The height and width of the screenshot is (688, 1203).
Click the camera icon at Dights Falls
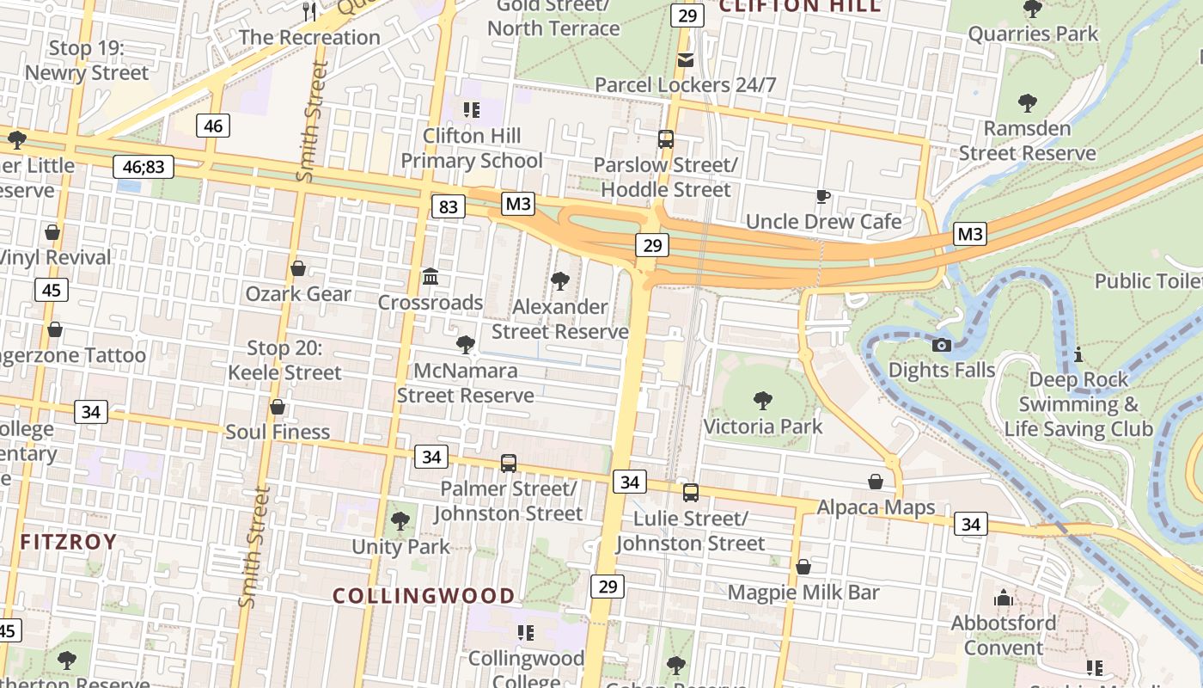(x=942, y=345)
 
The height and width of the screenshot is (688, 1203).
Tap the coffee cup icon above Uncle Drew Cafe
(x=822, y=196)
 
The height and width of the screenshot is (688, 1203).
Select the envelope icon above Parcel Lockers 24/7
(x=686, y=59)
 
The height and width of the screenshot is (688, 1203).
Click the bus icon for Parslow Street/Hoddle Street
(x=665, y=138)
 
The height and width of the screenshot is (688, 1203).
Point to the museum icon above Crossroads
(x=431, y=277)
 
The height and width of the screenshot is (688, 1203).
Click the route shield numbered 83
(x=448, y=206)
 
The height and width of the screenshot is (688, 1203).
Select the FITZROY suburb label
(x=68, y=542)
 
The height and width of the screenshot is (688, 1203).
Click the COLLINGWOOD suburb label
(x=424, y=595)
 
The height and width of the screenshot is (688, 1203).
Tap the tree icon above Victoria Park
(x=762, y=400)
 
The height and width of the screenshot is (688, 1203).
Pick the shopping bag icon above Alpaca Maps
(x=876, y=481)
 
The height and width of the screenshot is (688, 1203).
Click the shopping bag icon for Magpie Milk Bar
(x=803, y=567)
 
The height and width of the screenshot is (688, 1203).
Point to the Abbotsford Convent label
(x=1003, y=635)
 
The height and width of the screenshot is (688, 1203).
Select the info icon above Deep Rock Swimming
(x=1078, y=353)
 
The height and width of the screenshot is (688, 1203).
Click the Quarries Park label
(x=1033, y=34)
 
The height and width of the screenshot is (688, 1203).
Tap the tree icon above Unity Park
(x=400, y=520)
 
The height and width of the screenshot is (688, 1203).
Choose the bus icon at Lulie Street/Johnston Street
(x=690, y=493)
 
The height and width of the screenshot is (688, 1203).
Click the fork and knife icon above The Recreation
(x=309, y=11)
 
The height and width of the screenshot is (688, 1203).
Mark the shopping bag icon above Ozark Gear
(x=298, y=268)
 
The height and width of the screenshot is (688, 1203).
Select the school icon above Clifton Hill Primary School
(x=471, y=109)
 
